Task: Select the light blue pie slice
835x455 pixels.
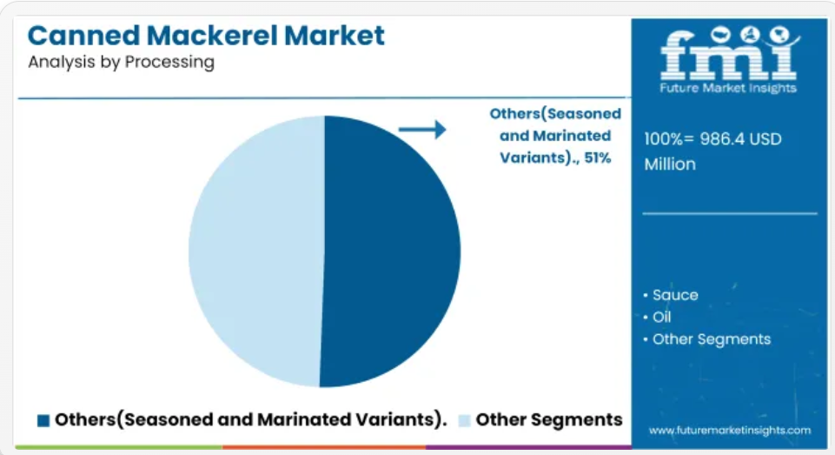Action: [x=255, y=251]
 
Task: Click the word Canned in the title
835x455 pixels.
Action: [x=84, y=36]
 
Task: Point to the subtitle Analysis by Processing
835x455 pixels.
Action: [x=122, y=63]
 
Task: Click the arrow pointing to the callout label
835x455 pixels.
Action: [x=422, y=129]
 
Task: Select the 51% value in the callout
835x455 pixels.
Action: [x=598, y=157]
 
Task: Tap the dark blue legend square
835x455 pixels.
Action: [x=43, y=420]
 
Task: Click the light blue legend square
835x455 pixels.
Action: [x=464, y=420]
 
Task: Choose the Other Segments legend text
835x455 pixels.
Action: [x=549, y=420]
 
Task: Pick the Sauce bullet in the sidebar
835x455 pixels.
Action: [x=671, y=295]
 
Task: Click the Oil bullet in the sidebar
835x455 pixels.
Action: [x=657, y=317]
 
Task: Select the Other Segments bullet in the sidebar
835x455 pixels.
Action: [x=706, y=339]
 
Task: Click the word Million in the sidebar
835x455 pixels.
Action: [x=670, y=164]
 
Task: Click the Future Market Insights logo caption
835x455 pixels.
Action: [x=728, y=88]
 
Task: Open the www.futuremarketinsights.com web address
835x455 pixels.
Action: [x=730, y=431]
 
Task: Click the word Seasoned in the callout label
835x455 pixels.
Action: [x=584, y=114]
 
